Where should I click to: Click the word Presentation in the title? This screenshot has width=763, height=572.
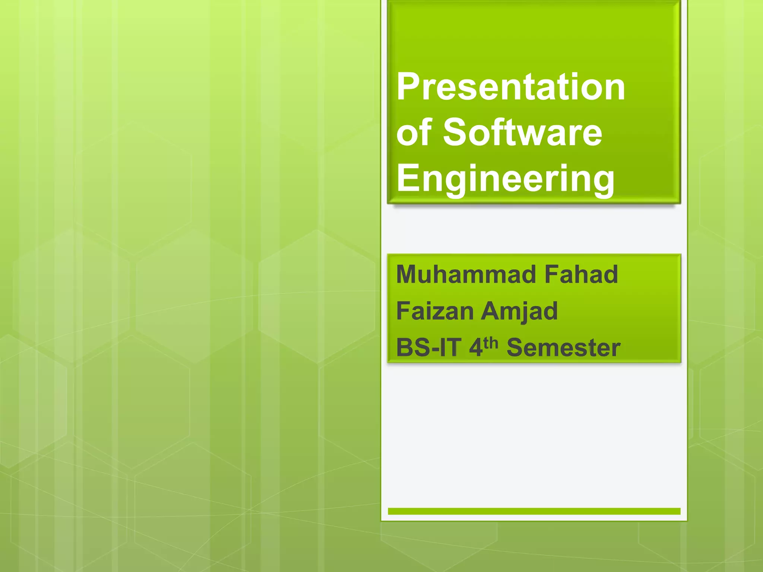coord(510,87)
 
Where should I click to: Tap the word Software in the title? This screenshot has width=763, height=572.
coord(522,132)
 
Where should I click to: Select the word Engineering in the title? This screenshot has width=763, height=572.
coord(505,179)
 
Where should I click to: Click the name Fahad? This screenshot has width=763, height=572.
coord(581,274)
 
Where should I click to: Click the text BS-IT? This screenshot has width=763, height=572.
coord(428,347)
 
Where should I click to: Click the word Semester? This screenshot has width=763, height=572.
coord(563,347)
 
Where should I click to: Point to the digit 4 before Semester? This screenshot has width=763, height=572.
coord(475,347)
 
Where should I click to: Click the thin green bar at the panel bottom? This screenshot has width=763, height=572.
coord(534,511)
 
